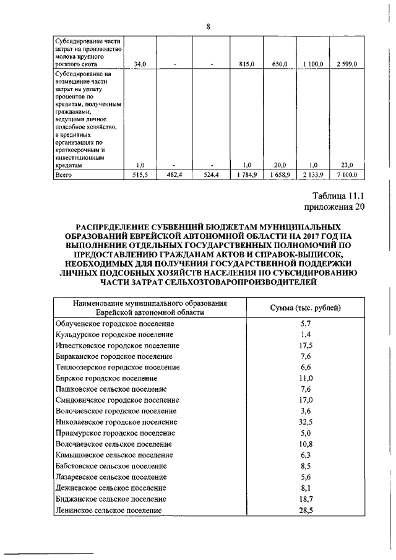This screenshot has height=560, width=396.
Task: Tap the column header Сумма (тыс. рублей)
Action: tap(306, 308)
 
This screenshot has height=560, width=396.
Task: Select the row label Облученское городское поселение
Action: tap(115, 324)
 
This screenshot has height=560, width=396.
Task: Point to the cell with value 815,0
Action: tap(247, 64)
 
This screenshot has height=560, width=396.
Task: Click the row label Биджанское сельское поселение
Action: tap(111, 498)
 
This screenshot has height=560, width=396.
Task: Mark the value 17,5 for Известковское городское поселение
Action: tap(306, 345)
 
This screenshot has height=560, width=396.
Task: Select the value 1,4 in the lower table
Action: tap(306, 334)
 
